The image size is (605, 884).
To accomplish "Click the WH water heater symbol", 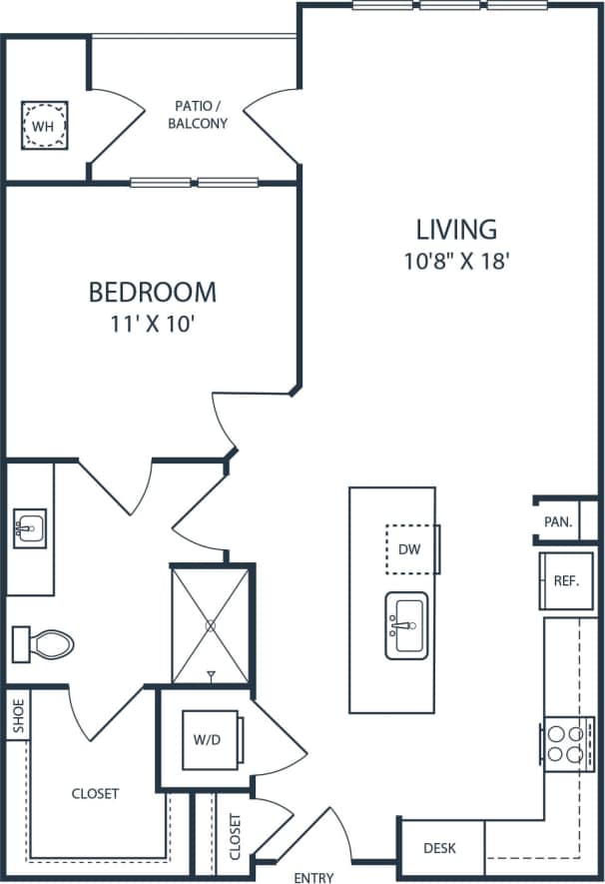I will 44,126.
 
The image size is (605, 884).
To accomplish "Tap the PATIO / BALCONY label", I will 201,115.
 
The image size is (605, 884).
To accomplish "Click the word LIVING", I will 456,230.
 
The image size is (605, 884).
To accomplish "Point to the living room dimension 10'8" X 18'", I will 456,262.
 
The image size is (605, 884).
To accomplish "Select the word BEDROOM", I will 152,292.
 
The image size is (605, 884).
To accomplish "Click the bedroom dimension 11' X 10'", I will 152,325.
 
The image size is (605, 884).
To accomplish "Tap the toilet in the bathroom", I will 43,644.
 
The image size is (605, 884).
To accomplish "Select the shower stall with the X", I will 211,624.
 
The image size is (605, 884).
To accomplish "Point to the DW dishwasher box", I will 410,548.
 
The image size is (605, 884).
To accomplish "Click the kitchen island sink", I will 406,626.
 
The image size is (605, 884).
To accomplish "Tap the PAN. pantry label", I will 557,520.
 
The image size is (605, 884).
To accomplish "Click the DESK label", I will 439,848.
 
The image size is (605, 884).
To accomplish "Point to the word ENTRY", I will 314,877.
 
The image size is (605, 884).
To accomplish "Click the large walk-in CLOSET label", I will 95,793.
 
